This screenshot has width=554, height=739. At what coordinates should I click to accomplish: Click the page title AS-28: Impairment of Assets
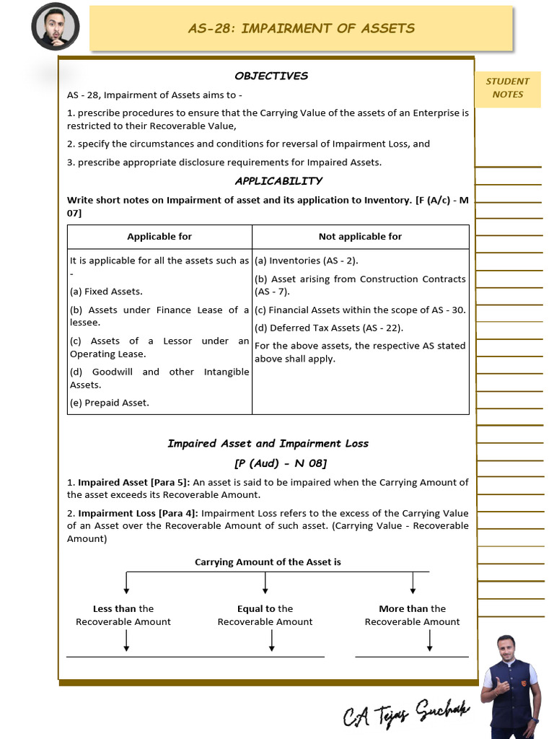301,28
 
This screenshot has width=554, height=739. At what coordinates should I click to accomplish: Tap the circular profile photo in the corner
55,27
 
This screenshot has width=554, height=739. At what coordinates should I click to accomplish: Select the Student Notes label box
507,88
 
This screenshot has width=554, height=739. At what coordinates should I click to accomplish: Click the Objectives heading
271,76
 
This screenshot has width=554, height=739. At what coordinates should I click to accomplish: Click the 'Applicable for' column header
159,237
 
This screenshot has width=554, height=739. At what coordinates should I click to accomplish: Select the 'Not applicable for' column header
360,237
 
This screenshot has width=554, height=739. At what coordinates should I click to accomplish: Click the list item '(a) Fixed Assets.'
106,292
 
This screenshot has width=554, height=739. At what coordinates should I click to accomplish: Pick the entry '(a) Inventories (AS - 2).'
306,261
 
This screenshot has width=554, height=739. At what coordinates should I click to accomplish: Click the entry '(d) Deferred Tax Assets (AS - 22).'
328,328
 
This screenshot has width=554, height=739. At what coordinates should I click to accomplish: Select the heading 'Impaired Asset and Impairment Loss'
268,443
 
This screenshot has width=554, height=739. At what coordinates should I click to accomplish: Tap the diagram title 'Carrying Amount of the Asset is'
268,561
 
